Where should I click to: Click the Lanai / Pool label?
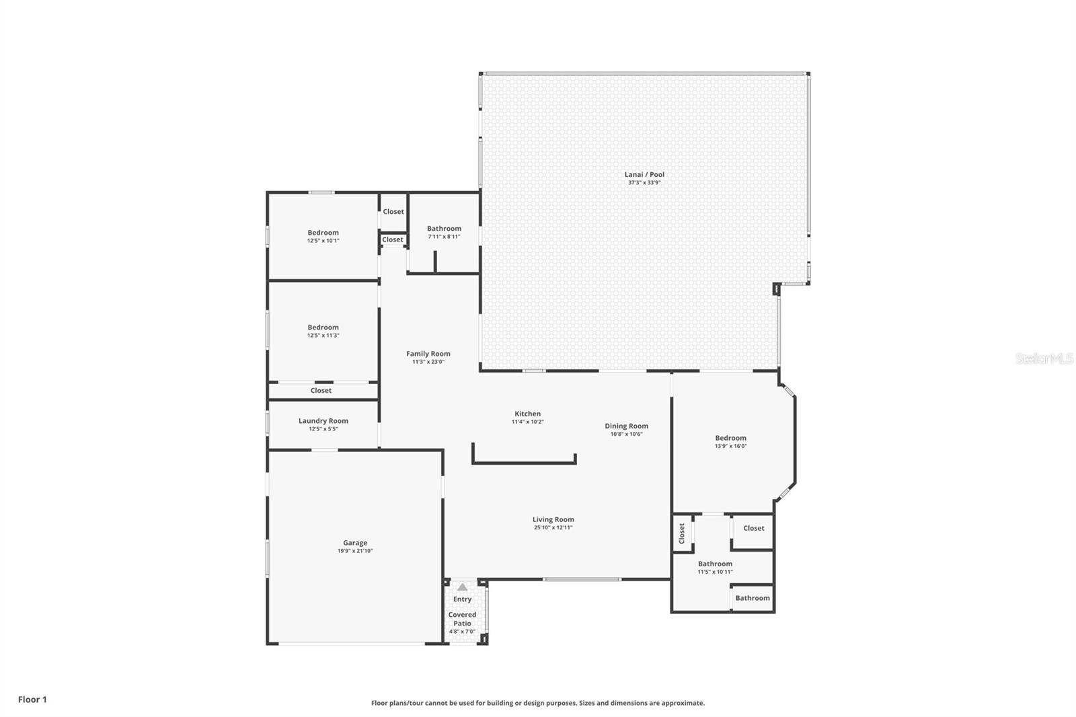pyautogui.click(x=644, y=174)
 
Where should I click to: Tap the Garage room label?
pyautogui.click(x=355, y=543)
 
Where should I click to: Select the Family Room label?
pyautogui.click(x=428, y=354)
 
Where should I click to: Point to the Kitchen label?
pyautogui.click(x=527, y=414)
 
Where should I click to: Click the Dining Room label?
pyautogui.click(x=626, y=426)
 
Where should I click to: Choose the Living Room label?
pyautogui.click(x=553, y=519)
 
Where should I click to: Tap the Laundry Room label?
pyautogui.click(x=323, y=421)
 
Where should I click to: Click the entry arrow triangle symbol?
pyautogui.click(x=462, y=587)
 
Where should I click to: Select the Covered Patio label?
pyautogui.click(x=462, y=619)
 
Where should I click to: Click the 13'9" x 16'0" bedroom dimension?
pyautogui.click(x=730, y=446)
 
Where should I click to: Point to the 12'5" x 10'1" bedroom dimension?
pyautogui.click(x=323, y=241)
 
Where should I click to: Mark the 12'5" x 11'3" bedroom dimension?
pyautogui.click(x=323, y=336)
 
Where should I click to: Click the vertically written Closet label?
pyautogui.click(x=682, y=533)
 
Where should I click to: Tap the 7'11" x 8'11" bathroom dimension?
pyautogui.click(x=444, y=237)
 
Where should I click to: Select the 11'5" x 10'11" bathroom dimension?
pyautogui.click(x=716, y=572)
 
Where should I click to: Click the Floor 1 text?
pyautogui.click(x=33, y=700)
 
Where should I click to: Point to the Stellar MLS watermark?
pyautogui.click(x=1044, y=358)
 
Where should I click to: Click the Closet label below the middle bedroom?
pyautogui.click(x=321, y=391)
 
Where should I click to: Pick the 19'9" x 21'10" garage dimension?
pyautogui.click(x=355, y=552)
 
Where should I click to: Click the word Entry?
pyautogui.click(x=462, y=599)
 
